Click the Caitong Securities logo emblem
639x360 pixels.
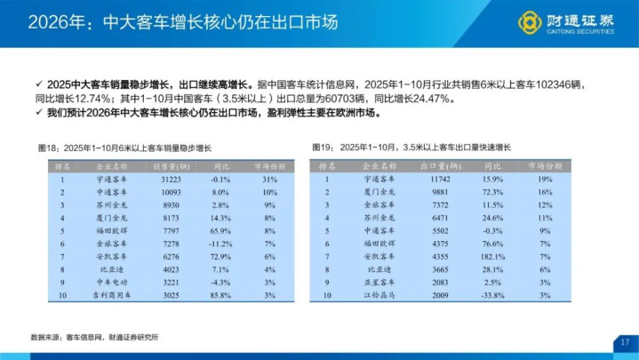point(531,20)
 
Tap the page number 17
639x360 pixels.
point(625,342)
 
